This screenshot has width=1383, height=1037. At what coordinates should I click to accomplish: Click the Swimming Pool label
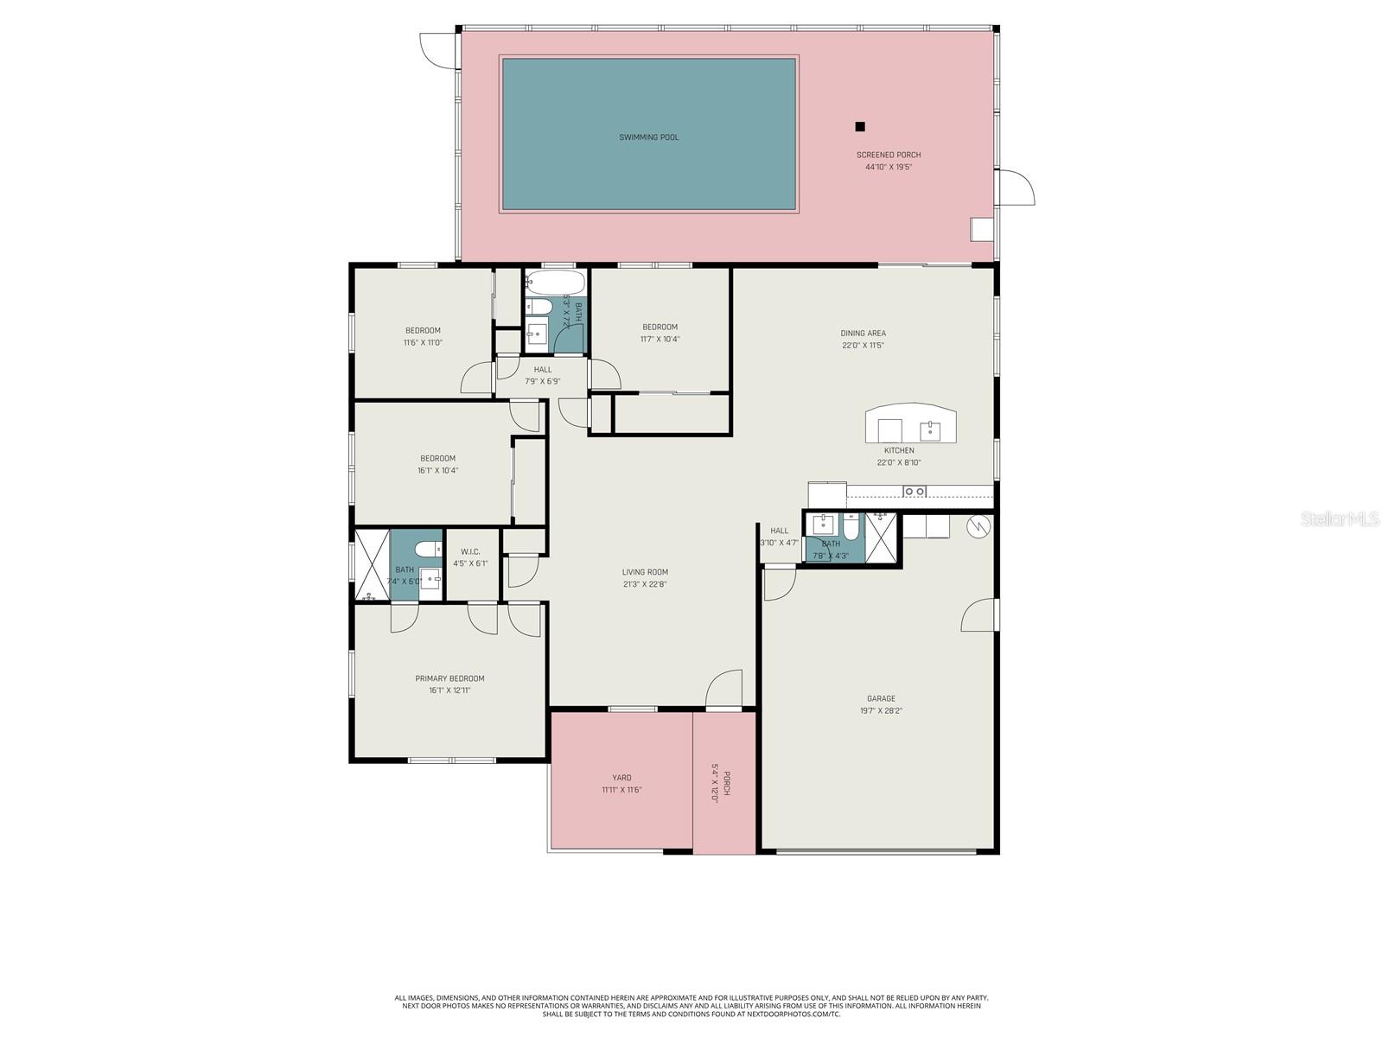[648, 137]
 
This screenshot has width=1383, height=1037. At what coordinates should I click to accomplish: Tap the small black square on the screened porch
[860, 127]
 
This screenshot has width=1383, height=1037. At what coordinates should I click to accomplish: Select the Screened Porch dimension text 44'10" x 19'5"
[889, 167]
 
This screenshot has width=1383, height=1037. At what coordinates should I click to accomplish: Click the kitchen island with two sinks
[910, 424]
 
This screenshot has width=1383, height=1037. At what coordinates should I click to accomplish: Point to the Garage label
[881, 698]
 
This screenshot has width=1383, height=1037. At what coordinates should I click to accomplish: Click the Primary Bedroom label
[449, 678]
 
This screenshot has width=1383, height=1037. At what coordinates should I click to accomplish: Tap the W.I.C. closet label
[470, 551]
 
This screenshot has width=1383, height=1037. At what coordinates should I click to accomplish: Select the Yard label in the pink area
[621, 778]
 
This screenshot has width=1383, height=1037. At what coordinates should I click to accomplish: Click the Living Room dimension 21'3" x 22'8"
[644, 584]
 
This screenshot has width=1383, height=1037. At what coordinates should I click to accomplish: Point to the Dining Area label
[863, 333]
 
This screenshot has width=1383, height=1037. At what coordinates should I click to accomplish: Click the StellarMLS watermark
[1340, 518]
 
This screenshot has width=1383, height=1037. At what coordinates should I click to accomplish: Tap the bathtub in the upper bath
[555, 283]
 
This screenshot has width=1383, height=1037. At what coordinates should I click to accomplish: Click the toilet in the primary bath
[426, 549]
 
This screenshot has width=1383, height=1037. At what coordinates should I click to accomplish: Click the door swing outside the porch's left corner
[437, 48]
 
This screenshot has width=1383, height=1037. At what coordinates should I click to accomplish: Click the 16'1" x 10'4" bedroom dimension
[437, 470]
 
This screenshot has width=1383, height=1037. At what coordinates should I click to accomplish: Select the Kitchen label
[898, 450]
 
